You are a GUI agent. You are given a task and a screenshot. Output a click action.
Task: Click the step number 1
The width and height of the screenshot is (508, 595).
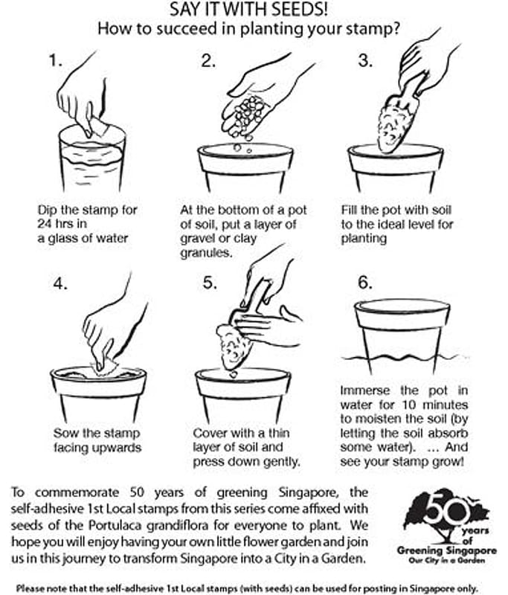pos(54,61)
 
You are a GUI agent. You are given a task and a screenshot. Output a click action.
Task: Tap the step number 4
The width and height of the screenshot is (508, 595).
pos(60,283)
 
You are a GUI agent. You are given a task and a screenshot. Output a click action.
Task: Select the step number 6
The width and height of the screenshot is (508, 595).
pos(364,283)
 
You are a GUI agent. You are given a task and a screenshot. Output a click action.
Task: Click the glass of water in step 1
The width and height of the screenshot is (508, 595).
pos(92,158)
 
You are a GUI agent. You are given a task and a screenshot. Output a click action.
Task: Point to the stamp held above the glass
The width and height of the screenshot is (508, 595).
pos(99,127)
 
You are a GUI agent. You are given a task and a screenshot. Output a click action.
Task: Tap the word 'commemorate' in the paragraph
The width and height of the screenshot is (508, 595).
pos(77,493)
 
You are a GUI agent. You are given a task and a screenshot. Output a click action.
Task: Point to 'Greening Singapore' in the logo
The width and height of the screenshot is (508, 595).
pos(446,550)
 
